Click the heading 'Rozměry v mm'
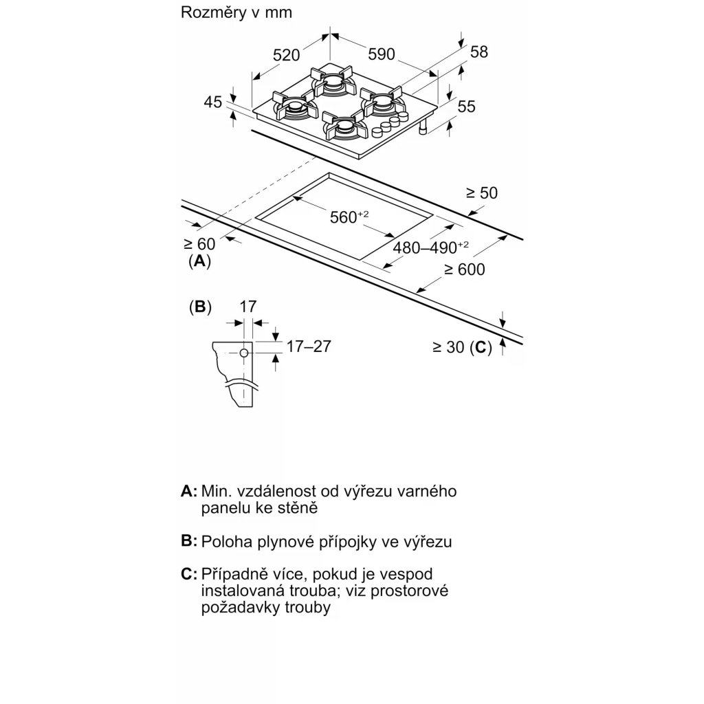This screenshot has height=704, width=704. pos(227,12)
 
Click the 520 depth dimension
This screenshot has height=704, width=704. pos(286,56)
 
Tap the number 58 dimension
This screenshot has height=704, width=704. pos(478,52)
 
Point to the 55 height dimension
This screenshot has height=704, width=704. pos(466,106)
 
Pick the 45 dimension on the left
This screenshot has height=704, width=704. pos(213,102)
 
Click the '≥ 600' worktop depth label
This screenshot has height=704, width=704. pos(464,269)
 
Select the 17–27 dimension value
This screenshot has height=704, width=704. pos(309,346)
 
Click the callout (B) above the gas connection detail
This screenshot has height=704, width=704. pos(199,307)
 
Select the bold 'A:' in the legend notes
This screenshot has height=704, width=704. pos(189,492)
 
